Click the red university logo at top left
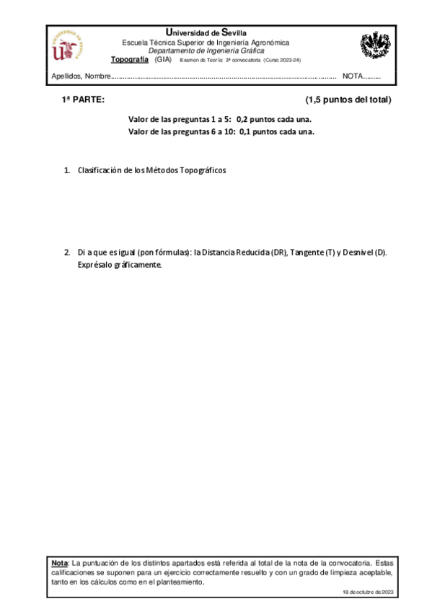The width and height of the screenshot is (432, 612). point(69,46)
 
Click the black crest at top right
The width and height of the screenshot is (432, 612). point(375,46)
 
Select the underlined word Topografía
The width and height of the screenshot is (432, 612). point(130,60)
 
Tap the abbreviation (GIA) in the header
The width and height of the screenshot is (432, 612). point(164,60)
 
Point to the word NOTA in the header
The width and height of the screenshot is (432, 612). point(353,76)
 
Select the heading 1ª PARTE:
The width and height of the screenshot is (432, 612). point(83,100)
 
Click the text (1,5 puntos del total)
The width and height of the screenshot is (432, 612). point(348,100)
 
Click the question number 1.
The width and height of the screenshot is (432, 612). point(67,170)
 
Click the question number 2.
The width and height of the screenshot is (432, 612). point(67,253)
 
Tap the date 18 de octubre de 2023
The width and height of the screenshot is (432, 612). point(368,592)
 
